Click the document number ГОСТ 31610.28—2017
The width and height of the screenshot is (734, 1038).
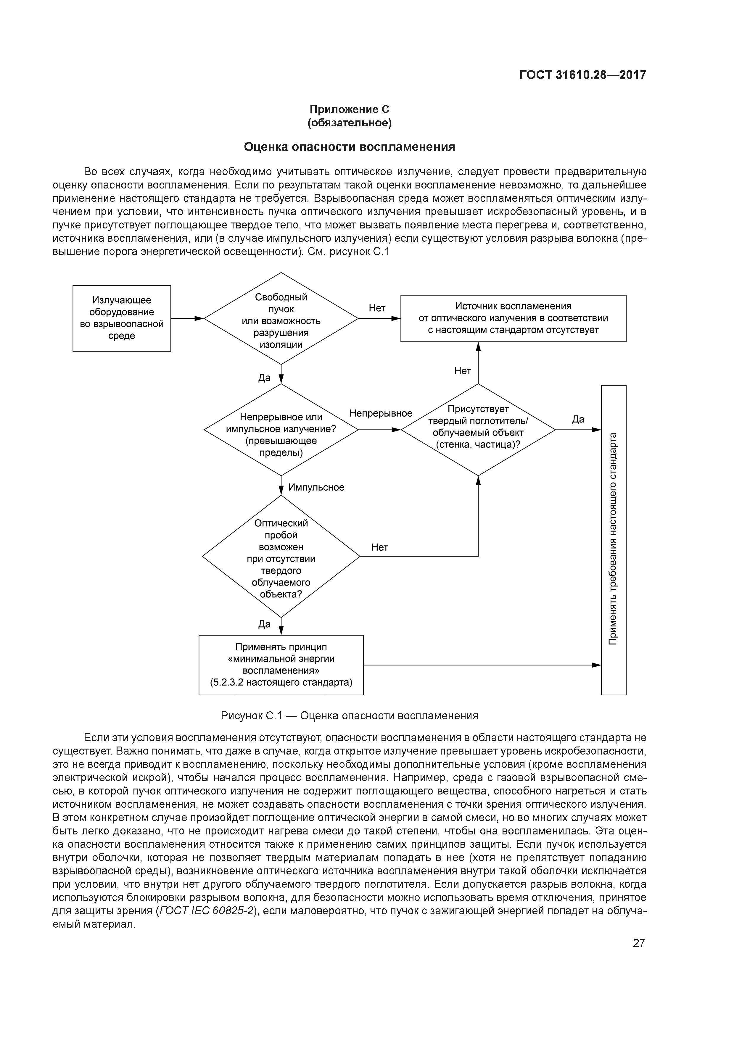pos(582,75)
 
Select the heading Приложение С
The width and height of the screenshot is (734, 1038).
pos(349,109)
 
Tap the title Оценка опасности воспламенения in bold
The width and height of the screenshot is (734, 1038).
pos(349,147)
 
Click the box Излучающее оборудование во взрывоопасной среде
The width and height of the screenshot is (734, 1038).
pos(122,318)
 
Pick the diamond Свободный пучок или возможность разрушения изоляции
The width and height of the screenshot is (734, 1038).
pos(281,319)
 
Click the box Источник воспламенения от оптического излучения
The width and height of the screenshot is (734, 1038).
pos(513,318)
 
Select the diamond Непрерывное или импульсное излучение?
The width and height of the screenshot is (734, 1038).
pos(281,429)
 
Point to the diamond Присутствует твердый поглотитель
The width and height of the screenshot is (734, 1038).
pos(478,429)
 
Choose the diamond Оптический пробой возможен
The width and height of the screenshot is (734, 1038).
pos(281,556)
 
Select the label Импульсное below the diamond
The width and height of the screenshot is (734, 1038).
pos(316,487)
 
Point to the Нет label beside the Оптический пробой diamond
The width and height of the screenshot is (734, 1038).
pos(379,547)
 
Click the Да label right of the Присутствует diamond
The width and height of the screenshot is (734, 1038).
pos(578,420)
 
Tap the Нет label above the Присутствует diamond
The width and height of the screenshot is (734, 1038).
pos(462,371)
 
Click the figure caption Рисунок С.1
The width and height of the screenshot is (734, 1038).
pos(349,716)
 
